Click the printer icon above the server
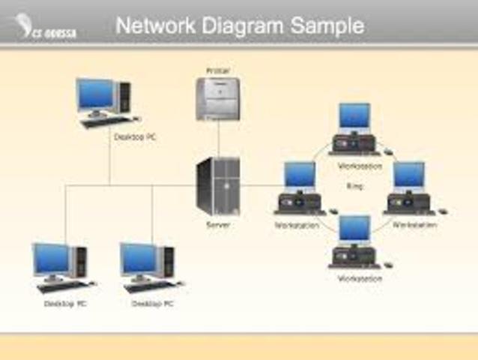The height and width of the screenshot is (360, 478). (217, 98)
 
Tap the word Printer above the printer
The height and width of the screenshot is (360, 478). (217, 70)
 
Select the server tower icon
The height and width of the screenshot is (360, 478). (218, 187)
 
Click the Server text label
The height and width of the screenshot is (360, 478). (218, 223)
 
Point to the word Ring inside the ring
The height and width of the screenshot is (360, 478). (354, 185)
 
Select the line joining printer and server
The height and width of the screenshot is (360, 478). (218, 139)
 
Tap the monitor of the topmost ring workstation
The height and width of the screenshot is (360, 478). (354, 115)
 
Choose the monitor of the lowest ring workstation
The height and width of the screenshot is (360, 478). (354, 228)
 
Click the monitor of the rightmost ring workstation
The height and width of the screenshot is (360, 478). (409, 175)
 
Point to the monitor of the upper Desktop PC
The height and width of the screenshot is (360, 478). (95, 94)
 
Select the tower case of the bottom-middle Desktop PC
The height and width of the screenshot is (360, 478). (169, 262)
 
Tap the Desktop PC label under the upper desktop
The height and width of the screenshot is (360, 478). (134, 138)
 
